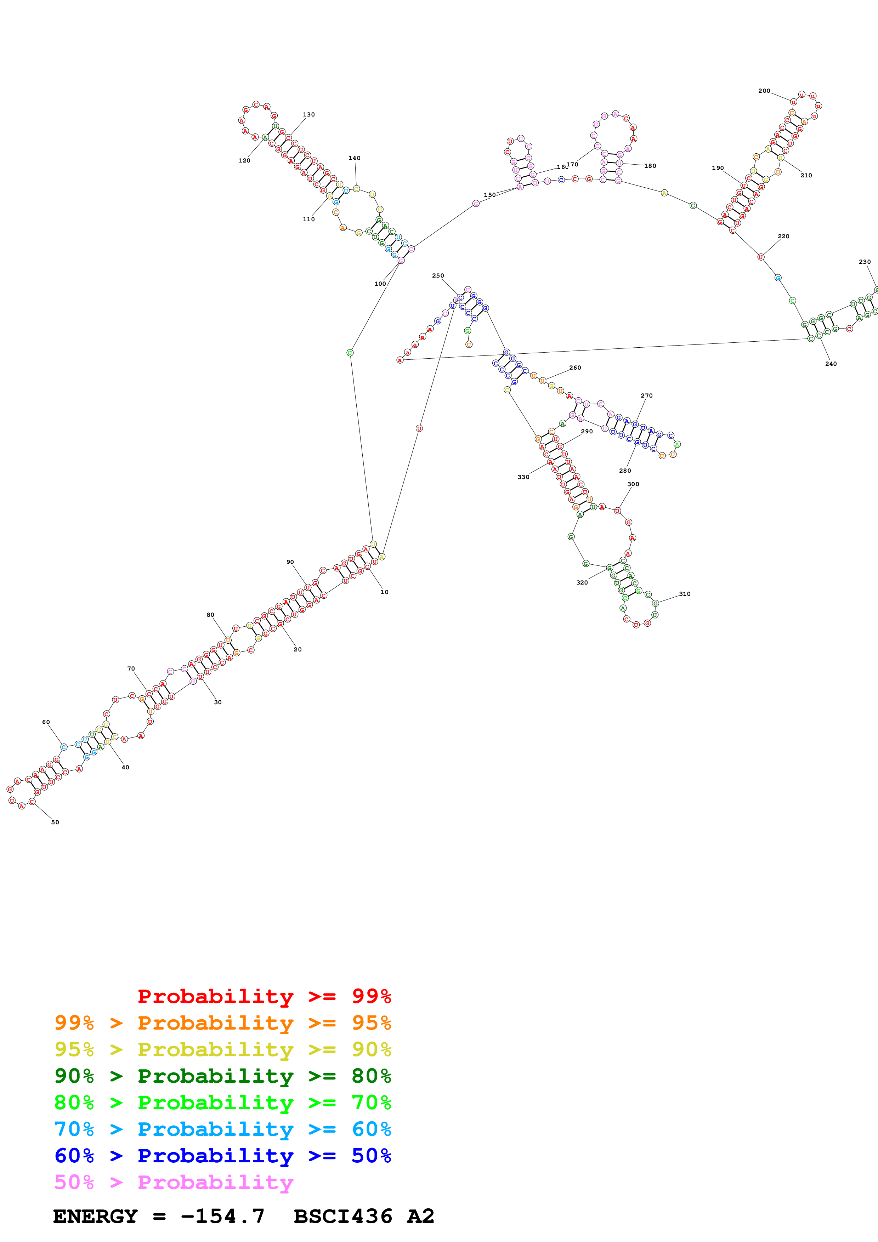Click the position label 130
coord(308,115)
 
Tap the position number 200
coord(764,91)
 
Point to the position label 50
coord(55,822)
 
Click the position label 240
coord(831,364)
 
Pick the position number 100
coord(380,284)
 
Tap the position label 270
coord(646,395)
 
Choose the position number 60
coord(46,722)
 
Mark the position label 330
coord(523,477)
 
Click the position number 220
coord(783,237)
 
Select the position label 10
coord(384,592)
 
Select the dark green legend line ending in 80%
coord(222,1076)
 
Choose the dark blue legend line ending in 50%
coord(222,1156)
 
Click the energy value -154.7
coord(222,1216)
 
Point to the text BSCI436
coord(342,1216)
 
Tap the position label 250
coord(438,276)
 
